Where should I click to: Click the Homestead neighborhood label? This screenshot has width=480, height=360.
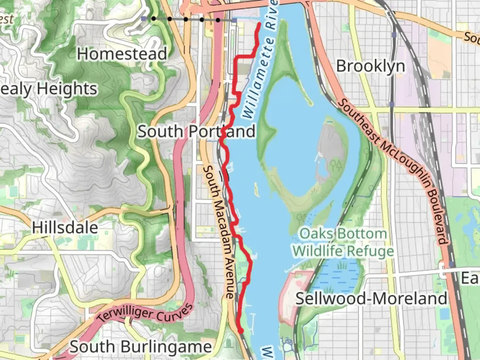point(122,54)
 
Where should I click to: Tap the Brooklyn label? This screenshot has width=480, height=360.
point(370,66)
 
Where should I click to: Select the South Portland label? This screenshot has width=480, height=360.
point(196,131)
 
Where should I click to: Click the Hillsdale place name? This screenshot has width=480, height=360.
point(65,228)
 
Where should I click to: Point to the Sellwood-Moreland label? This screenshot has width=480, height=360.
point(371,298)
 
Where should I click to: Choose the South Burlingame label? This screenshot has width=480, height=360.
point(140,347)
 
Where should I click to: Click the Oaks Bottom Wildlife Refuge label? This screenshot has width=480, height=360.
point(343,242)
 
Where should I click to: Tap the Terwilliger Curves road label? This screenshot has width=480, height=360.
point(145,313)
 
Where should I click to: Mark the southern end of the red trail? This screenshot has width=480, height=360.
point(241,331)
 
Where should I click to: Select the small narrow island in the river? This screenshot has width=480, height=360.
point(256,189)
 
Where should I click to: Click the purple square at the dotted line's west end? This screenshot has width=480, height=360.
point(143,19)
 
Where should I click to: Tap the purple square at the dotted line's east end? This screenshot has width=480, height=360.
point(234,20)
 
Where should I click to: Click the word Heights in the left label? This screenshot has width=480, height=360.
point(67,89)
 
